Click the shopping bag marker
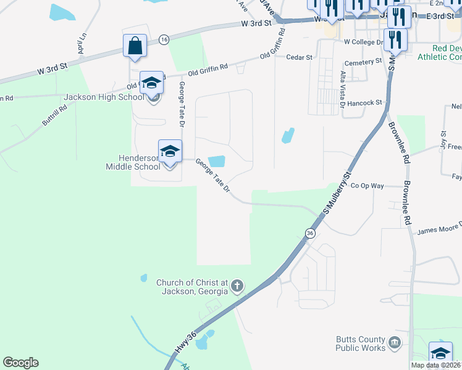(135, 46)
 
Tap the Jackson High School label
(104, 97)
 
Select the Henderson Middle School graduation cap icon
(170, 150)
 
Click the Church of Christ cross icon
(237, 286)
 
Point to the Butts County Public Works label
(360, 343)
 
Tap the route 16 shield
(163, 39)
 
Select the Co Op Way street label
(367, 186)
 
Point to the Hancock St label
(365, 103)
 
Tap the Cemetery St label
(363, 62)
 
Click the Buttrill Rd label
(54, 115)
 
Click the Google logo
(20, 363)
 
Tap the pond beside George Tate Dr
(216, 162)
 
